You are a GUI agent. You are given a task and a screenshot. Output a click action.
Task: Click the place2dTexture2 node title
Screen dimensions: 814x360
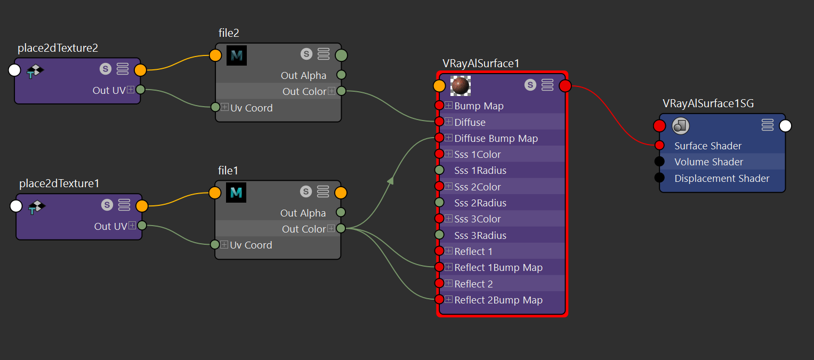[58, 48]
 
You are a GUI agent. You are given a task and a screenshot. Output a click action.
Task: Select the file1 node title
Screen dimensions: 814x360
[228, 171]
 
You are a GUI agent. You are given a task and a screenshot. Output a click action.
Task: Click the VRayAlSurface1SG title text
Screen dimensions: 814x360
[708, 103]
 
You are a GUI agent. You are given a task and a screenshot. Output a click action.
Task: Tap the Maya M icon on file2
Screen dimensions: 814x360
[237, 55]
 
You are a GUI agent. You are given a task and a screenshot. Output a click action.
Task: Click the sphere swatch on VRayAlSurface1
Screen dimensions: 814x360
[461, 86]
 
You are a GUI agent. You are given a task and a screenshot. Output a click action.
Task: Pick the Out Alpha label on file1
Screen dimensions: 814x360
[303, 213]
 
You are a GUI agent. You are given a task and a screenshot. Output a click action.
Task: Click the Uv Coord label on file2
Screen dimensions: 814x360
[251, 108]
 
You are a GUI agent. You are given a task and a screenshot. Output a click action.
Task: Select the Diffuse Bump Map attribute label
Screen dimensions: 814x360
[496, 139]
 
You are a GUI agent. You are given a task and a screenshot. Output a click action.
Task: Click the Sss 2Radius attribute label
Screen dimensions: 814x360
[480, 203]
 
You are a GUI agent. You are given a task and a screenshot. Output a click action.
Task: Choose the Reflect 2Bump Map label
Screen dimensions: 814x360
[498, 300]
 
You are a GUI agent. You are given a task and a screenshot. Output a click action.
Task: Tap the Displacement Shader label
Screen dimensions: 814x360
[722, 179]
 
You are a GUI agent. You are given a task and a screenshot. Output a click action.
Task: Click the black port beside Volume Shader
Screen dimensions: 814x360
[659, 161]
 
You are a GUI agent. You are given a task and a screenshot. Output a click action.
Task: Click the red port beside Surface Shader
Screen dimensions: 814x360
[659, 146]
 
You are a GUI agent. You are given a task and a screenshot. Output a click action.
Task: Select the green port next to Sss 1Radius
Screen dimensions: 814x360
[439, 170]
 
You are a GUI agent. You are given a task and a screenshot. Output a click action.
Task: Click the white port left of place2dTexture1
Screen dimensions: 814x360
[16, 206]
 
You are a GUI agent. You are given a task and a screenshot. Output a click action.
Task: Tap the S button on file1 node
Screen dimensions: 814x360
[306, 191]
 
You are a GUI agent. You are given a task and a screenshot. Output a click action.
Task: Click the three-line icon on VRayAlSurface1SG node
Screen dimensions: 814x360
[768, 125]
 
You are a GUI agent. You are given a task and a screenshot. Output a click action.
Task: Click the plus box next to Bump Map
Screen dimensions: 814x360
[449, 106]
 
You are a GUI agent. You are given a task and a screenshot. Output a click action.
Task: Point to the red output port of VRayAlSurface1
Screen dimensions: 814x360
[565, 86]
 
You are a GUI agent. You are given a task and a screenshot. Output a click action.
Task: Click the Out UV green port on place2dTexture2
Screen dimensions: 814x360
[140, 90]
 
